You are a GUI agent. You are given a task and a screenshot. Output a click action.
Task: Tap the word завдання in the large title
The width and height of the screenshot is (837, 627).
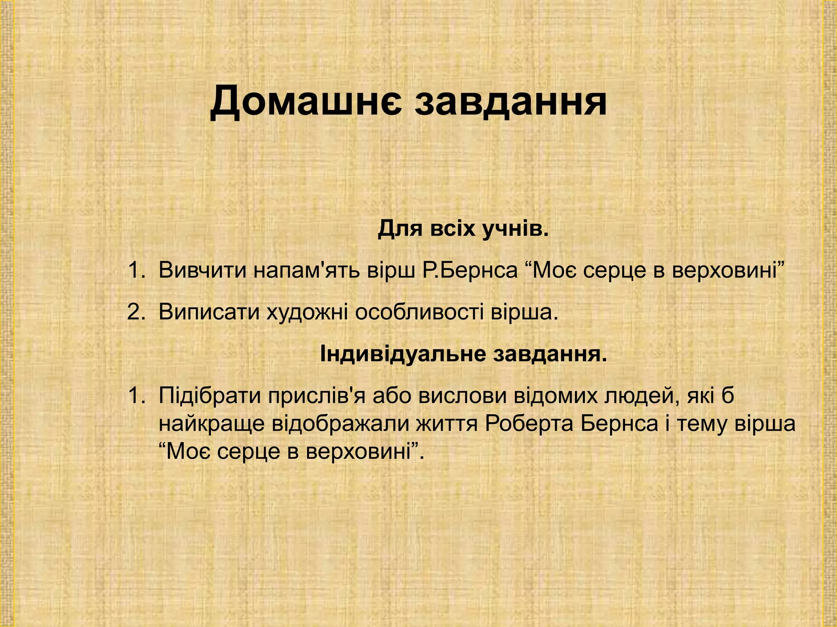point(510,102)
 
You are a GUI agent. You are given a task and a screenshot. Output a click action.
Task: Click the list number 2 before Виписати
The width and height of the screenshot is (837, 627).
point(134,312)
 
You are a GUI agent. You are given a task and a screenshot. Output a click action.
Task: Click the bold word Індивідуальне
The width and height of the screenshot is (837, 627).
point(402,354)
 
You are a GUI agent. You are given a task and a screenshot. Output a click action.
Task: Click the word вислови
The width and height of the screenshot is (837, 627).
point(459,396)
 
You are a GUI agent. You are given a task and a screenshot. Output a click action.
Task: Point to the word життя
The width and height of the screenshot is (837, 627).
point(448,424)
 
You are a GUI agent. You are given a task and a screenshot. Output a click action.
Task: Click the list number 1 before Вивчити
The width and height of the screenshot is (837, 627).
point(134,270)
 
